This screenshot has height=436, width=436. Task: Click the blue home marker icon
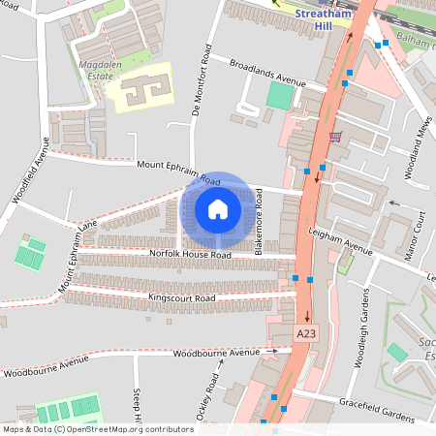(x=218, y=209)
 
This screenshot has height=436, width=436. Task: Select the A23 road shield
(x=306, y=333)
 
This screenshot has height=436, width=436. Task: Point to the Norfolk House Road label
(x=190, y=255)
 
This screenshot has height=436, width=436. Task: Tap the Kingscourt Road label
(x=181, y=297)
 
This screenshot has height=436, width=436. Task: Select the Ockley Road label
(x=219, y=391)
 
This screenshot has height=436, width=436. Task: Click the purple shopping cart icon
(x=335, y=137)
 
